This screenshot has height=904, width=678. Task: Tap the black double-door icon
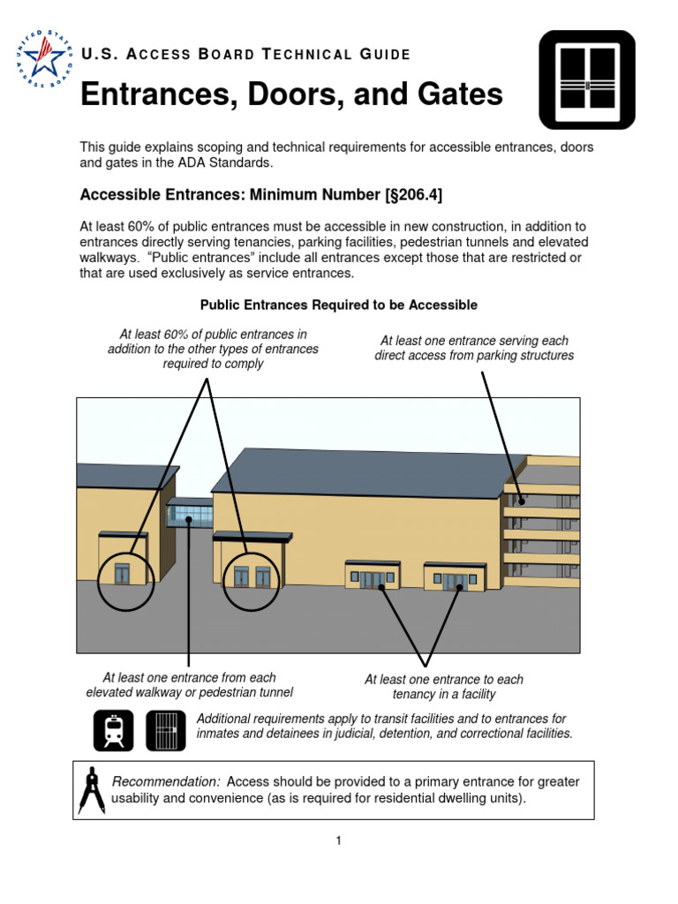[x=587, y=79]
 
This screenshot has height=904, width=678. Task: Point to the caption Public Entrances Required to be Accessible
[x=338, y=305]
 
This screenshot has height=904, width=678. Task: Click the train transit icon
[x=114, y=730]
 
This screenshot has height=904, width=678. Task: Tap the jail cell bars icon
[x=165, y=730]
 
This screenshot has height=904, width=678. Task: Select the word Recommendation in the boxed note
[x=165, y=782]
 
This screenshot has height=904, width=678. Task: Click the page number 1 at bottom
[x=338, y=840]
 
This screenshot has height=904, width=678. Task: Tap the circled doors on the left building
[x=123, y=575]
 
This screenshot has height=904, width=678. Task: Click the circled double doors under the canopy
[x=252, y=577]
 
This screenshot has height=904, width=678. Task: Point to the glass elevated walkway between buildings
[x=189, y=513]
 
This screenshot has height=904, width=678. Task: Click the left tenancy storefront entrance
[x=376, y=578]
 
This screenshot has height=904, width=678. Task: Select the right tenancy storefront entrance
[x=456, y=580]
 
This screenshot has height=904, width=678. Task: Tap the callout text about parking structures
[x=474, y=348]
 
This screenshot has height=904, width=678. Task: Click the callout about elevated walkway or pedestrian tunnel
[x=189, y=685]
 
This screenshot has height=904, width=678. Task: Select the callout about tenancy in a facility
[x=443, y=687]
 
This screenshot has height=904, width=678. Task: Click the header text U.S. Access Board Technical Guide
[x=245, y=55]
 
